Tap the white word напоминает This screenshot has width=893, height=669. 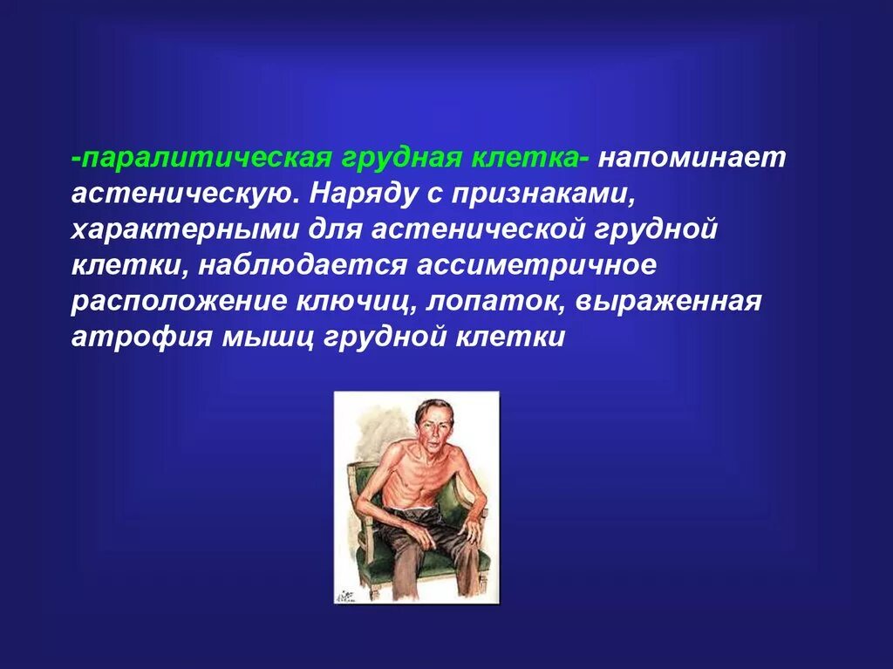click(691, 159)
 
